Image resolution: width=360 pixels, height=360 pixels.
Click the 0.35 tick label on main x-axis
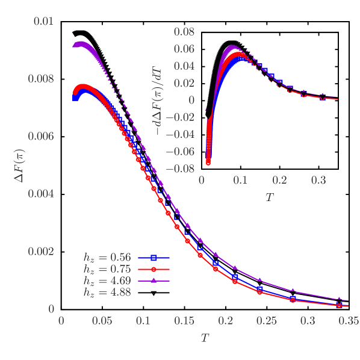point(349,321)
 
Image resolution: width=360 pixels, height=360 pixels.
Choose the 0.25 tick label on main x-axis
point(266,321)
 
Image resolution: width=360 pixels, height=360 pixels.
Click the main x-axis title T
point(205,338)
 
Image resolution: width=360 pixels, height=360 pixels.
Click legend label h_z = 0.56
point(107,257)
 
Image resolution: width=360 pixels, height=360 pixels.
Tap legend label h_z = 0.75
point(107,269)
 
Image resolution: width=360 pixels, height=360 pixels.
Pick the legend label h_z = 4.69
point(107,281)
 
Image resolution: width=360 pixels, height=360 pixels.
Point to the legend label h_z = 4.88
point(107,293)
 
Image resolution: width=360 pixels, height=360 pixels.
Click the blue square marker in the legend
point(154,258)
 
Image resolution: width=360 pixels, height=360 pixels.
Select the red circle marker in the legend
point(154,269)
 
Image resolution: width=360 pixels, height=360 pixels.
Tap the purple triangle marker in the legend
point(154,281)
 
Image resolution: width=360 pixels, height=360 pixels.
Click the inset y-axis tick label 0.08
point(184,31)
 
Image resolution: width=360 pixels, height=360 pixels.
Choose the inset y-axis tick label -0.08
point(181,169)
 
